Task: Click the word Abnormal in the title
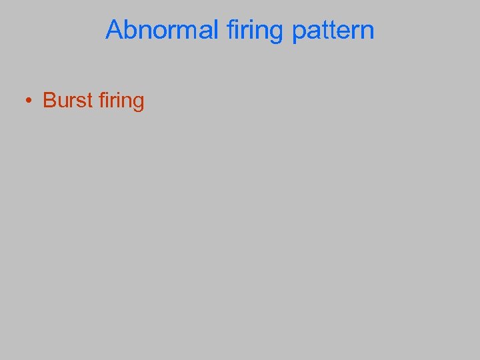coord(162,30)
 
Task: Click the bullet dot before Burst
coord(29,101)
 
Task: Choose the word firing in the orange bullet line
coord(121,101)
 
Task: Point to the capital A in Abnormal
coord(114,30)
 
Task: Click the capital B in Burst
coord(49,101)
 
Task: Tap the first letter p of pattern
coord(299,33)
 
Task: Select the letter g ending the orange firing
coord(138,103)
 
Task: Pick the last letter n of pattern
coord(367,31)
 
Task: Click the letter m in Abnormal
coord(189,31)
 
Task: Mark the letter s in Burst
coord(77,102)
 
